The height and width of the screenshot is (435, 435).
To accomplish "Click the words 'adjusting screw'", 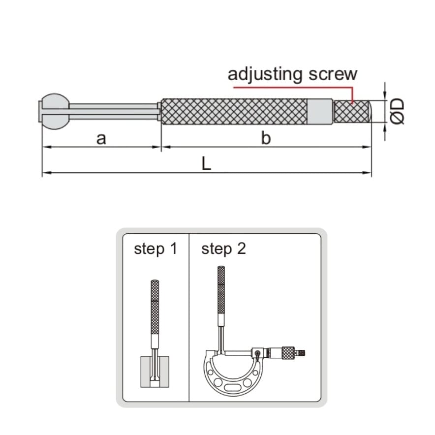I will tap(292, 74).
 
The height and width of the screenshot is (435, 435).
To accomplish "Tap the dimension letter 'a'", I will tap(101, 139).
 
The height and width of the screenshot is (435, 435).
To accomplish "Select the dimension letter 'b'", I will tap(266, 139).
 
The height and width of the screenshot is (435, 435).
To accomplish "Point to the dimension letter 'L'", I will tap(206, 164).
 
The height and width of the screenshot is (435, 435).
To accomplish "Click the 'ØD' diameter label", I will tap(398, 111).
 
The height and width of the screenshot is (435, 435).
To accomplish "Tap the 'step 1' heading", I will tap(155, 249).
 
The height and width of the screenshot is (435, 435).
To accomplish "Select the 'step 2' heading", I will tap(223, 249).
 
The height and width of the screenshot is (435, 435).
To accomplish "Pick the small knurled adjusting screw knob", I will tap(352, 111).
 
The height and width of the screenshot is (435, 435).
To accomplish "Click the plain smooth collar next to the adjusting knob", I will tap(320, 111).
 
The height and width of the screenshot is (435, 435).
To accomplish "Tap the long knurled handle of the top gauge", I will tap(234, 111).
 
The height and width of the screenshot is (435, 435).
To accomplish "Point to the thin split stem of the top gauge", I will tap(113, 111).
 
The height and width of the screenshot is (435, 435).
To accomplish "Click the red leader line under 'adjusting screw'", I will tap(295, 87).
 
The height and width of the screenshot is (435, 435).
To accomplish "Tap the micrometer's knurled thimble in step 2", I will tap(287, 352).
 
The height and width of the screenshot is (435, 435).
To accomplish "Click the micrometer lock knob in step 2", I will tap(258, 353).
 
